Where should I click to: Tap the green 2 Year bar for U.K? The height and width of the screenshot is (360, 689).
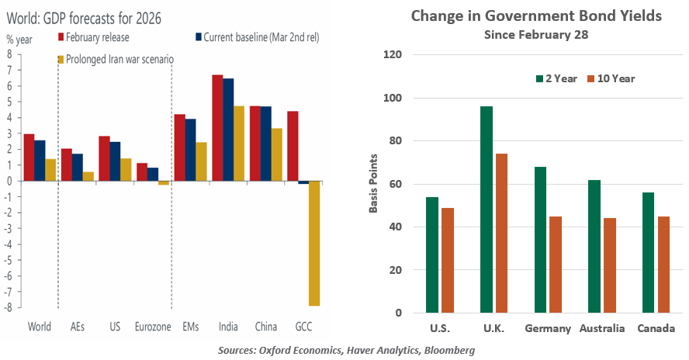point(486,209)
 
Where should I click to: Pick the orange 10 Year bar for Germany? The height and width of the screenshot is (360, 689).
point(556,265)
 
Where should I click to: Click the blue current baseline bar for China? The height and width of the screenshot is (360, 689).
point(265,144)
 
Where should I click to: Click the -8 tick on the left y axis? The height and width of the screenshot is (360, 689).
point(9,307)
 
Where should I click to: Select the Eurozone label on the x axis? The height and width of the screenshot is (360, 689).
point(153,327)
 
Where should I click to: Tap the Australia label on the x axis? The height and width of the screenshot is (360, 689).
point(601,328)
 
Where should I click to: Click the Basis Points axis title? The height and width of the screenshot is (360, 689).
point(374,185)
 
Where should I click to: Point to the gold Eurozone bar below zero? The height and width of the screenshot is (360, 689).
point(164,183)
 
